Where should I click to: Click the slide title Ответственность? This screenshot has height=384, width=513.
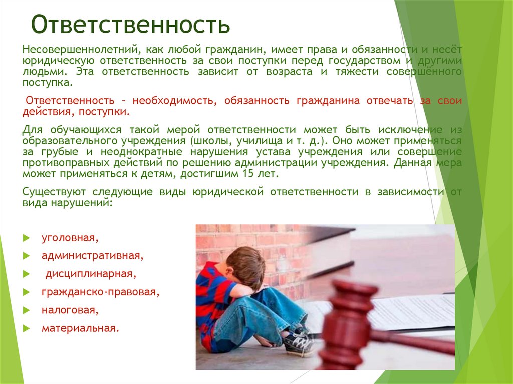click(x=131, y=24)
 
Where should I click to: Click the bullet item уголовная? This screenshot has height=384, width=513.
click(x=70, y=238)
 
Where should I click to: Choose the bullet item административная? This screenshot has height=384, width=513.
click(x=93, y=256)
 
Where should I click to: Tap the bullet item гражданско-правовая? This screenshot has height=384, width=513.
click(x=100, y=292)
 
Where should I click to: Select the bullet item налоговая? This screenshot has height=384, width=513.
click(x=70, y=310)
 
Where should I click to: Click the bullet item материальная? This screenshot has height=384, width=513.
click(x=81, y=328)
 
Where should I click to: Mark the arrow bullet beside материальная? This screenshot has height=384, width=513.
click(x=27, y=328)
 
